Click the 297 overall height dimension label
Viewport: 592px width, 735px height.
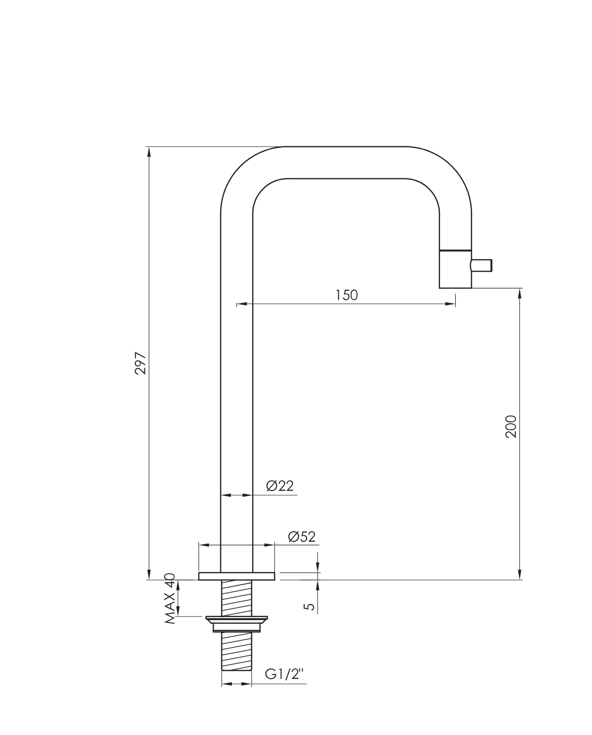coord(141,363)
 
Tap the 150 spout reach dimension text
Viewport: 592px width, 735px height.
coord(347,295)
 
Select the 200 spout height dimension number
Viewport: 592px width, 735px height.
coord(511,426)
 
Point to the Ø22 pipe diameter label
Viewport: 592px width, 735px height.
coord(280,485)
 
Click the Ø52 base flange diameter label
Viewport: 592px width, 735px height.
coord(302,536)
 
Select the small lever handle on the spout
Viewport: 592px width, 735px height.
coord(481,265)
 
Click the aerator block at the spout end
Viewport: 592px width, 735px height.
coord(455,269)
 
